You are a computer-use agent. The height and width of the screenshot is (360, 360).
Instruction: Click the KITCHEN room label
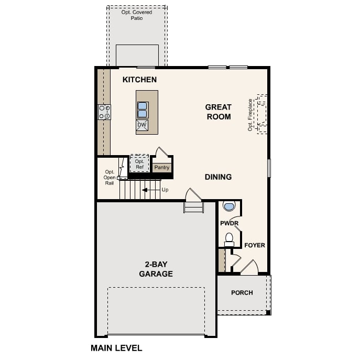(139, 80)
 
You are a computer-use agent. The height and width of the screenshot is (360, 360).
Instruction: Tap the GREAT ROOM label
(218, 112)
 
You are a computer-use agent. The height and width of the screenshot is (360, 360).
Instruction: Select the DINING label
(218, 177)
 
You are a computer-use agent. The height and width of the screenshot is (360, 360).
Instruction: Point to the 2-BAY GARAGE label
(156, 269)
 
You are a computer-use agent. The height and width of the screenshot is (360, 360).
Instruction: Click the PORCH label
(242, 292)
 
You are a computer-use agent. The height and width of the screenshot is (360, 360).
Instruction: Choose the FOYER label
(255, 245)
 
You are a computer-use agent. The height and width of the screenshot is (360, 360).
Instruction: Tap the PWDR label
(229, 223)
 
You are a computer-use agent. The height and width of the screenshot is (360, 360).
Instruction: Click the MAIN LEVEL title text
(116, 347)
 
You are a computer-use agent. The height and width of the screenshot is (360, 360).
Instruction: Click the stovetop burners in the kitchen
(104, 112)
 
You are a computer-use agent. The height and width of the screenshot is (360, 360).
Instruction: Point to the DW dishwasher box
(142, 125)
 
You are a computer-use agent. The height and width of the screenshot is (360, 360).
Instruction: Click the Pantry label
(162, 168)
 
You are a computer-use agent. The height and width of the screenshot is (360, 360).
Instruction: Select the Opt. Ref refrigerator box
(139, 164)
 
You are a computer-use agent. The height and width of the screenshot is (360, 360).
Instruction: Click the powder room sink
(229, 206)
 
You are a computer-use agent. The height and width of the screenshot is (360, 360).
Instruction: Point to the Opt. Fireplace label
(250, 115)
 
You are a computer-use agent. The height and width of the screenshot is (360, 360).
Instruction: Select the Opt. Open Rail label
(109, 177)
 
